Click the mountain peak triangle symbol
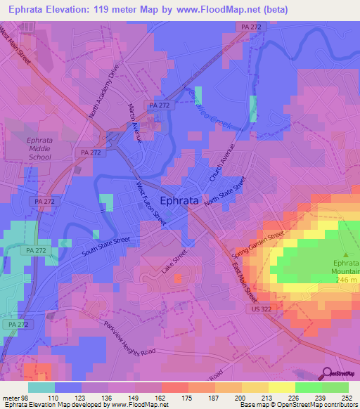pyautogui.click(x=345, y=255)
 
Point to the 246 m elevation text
pyautogui.click(x=345, y=280)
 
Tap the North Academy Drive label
pyautogui.click(x=101, y=93)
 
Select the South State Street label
pyautogui.click(x=105, y=246)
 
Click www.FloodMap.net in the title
pyautogui.click(x=216, y=9)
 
